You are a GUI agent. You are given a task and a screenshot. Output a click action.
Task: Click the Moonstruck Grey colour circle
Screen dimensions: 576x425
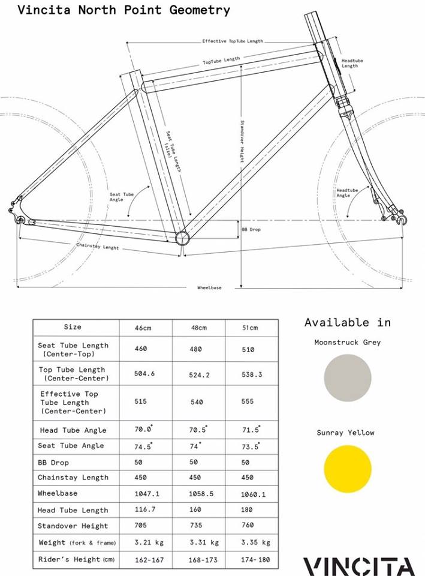click(348, 378)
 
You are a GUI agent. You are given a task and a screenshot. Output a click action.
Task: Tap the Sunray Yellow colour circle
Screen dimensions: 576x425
click(348, 469)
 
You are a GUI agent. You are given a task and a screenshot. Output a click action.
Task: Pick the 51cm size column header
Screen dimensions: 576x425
click(250, 328)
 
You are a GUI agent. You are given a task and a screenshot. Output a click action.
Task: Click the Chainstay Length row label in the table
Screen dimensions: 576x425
click(73, 478)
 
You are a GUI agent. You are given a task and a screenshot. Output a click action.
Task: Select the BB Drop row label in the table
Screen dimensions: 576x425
click(53, 463)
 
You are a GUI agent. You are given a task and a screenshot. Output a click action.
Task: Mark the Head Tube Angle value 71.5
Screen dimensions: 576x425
click(250, 430)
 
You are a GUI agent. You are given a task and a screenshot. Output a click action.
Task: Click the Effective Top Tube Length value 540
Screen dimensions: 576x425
click(197, 402)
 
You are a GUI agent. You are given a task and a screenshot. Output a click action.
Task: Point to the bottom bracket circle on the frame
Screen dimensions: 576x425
click(183, 238)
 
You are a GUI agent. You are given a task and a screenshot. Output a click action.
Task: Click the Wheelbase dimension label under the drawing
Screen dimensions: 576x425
click(209, 288)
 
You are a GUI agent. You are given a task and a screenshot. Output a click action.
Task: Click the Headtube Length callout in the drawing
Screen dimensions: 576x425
click(349, 64)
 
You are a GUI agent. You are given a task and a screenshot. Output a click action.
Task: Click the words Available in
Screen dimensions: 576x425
click(347, 322)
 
